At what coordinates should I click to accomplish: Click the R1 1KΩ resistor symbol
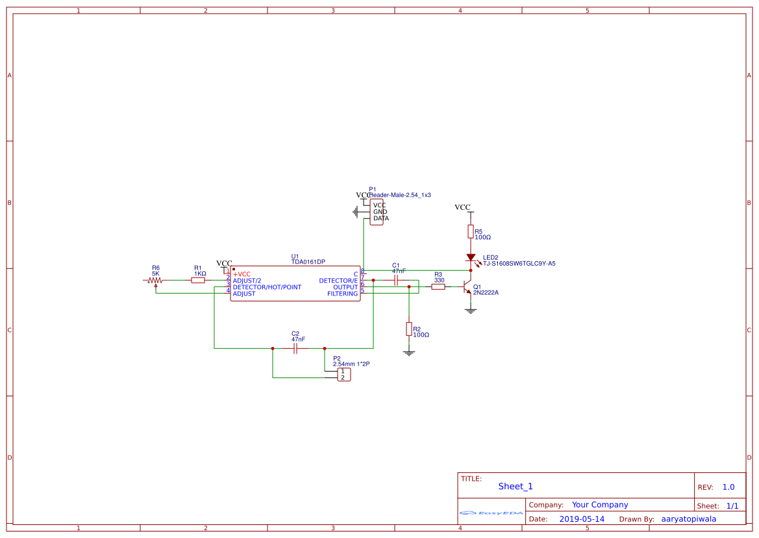pyautogui.click(x=198, y=280)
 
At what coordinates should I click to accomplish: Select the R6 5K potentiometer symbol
pyautogui.click(x=155, y=281)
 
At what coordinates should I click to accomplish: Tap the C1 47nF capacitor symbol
pyautogui.click(x=396, y=280)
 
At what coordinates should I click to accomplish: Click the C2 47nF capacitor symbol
pyautogui.click(x=295, y=348)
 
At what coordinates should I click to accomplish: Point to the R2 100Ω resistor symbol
pyautogui.click(x=408, y=329)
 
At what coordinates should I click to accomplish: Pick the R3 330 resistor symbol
pyautogui.click(x=438, y=287)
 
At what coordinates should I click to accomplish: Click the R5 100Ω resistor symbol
pyautogui.click(x=471, y=232)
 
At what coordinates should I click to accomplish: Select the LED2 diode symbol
pyautogui.click(x=471, y=258)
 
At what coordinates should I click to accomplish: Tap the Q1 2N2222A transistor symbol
pyautogui.click(x=467, y=287)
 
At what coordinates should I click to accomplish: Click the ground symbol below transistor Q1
pyautogui.click(x=471, y=311)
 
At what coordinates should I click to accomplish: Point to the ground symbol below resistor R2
pyautogui.click(x=408, y=353)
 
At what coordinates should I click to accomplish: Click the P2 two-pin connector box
pyautogui.click(x=342, y=374)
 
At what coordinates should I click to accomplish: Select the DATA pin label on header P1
pyautogui.click(x=380, y=218)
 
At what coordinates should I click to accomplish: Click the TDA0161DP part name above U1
pyautogui.click(x=308, y=262)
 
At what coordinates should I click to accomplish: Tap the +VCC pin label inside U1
pyautogui.click(x=242, y=274)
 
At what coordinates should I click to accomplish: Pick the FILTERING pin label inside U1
pyautogui.click(x=342, y=294)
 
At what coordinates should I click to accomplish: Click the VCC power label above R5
pyautogui.click(x=462, y=207)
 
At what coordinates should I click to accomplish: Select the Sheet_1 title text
pyautogui.click(x=516, y=486)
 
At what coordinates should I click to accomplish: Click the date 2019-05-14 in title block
pyautogui.click(x=582, y=519)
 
